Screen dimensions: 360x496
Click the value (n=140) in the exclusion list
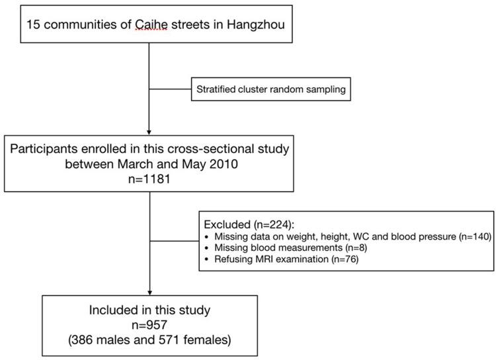tap(472, 236)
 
